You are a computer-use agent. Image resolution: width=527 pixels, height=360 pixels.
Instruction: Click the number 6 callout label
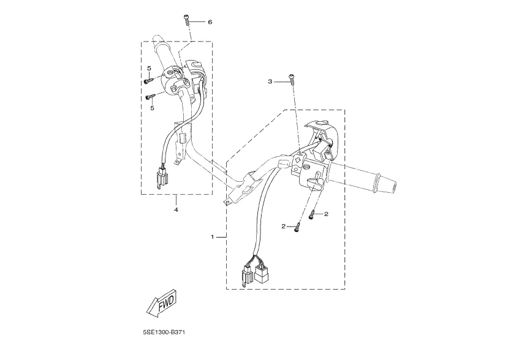[x=210, y=21]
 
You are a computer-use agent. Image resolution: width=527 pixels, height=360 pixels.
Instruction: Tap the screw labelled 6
[x=187, y=20]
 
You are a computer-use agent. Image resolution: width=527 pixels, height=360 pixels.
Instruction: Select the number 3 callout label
[x=270, y=81]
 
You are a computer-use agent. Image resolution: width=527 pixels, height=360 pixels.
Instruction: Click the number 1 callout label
[x=213, y=236]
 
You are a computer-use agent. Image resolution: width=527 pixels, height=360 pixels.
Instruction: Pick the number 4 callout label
[x=176, y=209]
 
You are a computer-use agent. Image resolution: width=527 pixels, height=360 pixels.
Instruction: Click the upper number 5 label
[x=149, y=68]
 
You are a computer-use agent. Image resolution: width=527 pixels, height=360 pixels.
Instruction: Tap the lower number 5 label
[x=152, y=108]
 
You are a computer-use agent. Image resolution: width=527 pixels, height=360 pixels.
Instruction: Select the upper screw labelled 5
[x=148, y=80]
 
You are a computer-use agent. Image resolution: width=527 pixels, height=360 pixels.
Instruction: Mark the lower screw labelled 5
[x=149, y=96]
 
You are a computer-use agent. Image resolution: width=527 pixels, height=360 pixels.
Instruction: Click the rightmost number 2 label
[x=327, y=214]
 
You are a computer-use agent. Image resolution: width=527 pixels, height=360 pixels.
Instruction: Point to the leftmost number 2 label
[x=284, y=227]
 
